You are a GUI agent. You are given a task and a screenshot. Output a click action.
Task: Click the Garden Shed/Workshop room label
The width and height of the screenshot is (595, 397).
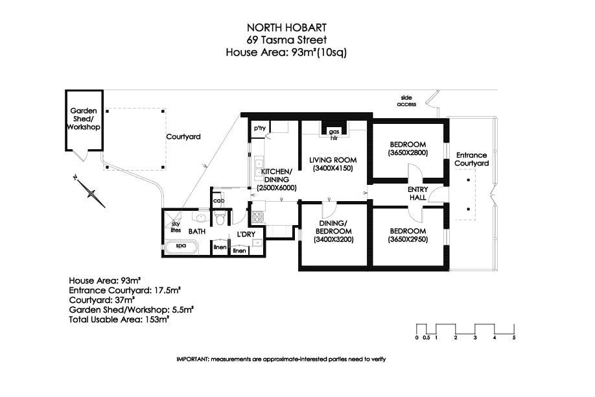(84, 119)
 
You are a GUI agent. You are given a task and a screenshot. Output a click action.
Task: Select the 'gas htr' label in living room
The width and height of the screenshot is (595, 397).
(334, 135)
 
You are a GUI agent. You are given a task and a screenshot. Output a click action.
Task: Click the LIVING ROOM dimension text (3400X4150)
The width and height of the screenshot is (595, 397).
(332, 168)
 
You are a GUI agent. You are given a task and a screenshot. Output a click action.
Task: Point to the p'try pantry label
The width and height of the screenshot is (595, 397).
(260, 128)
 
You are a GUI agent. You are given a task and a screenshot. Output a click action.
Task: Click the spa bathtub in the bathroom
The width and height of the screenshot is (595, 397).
(181, 247)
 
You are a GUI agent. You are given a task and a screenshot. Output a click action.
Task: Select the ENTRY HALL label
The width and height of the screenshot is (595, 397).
(418, 193)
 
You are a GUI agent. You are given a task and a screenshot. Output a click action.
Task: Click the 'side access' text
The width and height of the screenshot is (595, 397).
(406, 101)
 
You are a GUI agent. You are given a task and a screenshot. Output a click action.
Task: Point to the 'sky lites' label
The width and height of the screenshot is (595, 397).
(176, 227)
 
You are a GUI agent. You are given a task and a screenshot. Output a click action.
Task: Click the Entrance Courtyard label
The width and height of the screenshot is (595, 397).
(472, 159)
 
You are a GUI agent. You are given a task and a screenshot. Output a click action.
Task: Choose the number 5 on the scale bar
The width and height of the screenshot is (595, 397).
(514, 337)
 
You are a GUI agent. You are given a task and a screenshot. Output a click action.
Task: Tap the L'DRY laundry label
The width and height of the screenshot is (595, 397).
(246, 234)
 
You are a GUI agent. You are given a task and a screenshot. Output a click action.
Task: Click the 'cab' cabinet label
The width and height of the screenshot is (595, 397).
(218, 200)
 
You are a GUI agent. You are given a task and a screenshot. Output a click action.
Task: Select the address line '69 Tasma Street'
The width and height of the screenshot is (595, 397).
(286, 40)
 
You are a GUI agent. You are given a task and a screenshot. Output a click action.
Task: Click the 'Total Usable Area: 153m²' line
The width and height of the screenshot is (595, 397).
(119, 320)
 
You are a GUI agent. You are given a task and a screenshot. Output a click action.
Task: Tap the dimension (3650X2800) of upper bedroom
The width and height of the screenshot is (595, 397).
(408, 152)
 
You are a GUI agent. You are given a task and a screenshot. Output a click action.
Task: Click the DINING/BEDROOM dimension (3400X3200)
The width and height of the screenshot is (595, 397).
(334, 239)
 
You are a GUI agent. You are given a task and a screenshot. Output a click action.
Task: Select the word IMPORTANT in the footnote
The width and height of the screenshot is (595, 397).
(192, 359)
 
